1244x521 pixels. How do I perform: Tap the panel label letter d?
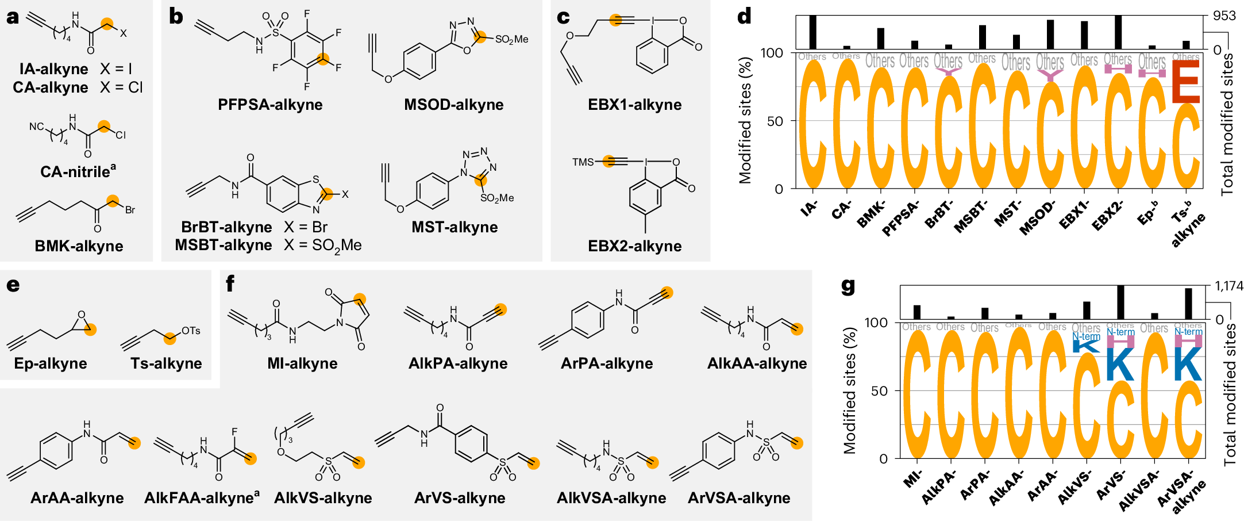coord(744,16)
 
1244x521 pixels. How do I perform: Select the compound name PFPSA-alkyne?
coord(270,105)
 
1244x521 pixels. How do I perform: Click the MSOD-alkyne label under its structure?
coord(453,105)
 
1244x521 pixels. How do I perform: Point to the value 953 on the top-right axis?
coord(1224,16)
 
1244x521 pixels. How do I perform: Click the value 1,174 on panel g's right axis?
coord(1228,286)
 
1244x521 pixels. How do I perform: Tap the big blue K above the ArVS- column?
coord(1120,363)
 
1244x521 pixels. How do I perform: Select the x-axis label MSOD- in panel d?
coord(1038,217)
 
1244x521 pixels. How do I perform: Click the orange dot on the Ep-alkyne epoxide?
coord(90,330)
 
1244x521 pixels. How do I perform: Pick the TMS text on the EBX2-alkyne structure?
coord(583,162)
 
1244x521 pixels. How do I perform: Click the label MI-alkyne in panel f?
coord(302,363)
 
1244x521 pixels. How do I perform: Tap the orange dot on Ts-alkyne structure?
coord(170,339)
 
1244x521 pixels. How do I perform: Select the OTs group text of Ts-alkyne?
coord(191,331)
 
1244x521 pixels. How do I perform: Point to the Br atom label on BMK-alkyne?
coord(130,210)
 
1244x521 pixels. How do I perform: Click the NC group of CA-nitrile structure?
coord(36,127)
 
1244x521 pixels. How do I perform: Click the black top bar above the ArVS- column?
coord(1120,302)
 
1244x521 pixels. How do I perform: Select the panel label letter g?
coord(848,286)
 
